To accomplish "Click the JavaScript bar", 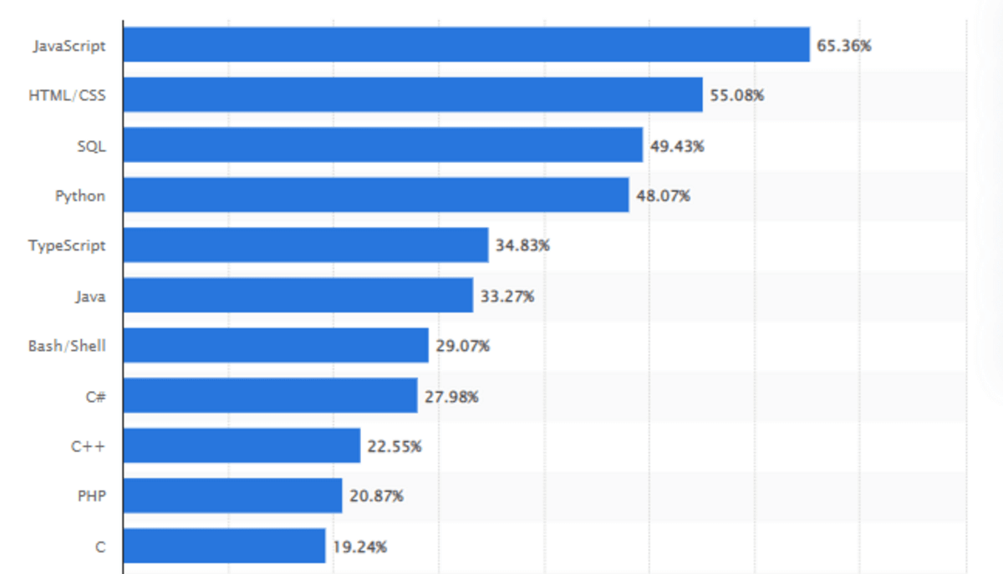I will click(466, 44).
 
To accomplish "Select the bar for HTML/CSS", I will click(413, 94).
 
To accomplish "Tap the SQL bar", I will click(383, 145).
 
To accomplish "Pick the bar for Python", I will click(376, 195).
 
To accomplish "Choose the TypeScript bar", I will click(306, 245).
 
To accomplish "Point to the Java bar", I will click(298, 295).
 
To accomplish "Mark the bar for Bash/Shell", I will click(276, 345).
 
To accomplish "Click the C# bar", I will click(271, 395).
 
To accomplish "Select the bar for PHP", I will click(233, 495).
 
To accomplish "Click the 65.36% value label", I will click(844, 46).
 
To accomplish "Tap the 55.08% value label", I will click(737, 95).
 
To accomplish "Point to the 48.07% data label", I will click(664, 196).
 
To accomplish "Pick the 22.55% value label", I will click(395, 446).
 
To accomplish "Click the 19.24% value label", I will click(359, 547).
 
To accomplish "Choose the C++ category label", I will click(88, 446).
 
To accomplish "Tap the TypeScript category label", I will click(67, 246).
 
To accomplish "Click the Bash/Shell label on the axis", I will click(67, 345).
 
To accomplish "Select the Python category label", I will click(80, 196).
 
